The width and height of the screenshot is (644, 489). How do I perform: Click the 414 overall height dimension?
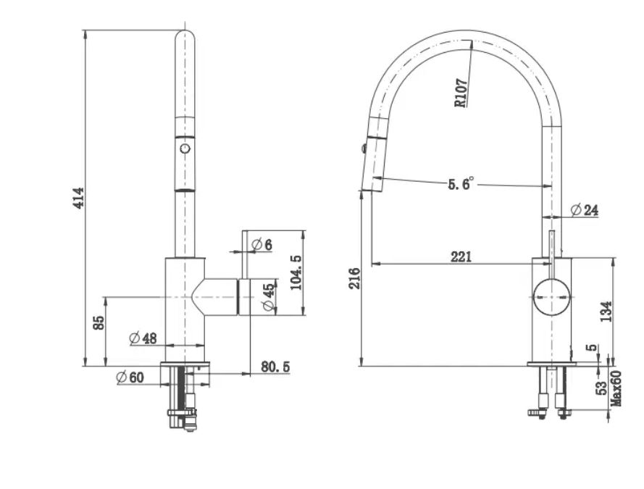78,198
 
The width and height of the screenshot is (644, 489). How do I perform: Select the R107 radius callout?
461,93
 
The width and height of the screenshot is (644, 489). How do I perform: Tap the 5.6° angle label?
461,183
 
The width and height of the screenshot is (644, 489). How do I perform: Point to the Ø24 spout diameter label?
585,210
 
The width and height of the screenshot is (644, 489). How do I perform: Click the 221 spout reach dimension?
461,257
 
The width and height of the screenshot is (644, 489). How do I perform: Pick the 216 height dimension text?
354,278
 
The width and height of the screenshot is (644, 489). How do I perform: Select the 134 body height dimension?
606,312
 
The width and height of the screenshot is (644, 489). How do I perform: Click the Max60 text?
616,388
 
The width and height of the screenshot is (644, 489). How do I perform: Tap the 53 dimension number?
601,388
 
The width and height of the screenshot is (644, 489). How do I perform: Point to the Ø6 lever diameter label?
262,245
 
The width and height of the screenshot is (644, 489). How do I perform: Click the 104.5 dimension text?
296,272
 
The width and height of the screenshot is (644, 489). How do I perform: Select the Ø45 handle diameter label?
268,297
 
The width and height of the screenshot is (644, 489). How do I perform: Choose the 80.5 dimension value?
275,367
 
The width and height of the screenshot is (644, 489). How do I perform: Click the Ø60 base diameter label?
130,377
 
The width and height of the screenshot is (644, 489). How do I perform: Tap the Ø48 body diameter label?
143,338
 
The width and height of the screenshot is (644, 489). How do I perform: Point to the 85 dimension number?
99,322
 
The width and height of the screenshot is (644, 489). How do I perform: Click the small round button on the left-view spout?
185,148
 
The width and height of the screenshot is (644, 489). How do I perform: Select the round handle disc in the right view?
551,297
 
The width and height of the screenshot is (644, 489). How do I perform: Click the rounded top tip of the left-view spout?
185,30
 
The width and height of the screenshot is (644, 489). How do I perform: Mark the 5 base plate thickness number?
593,347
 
